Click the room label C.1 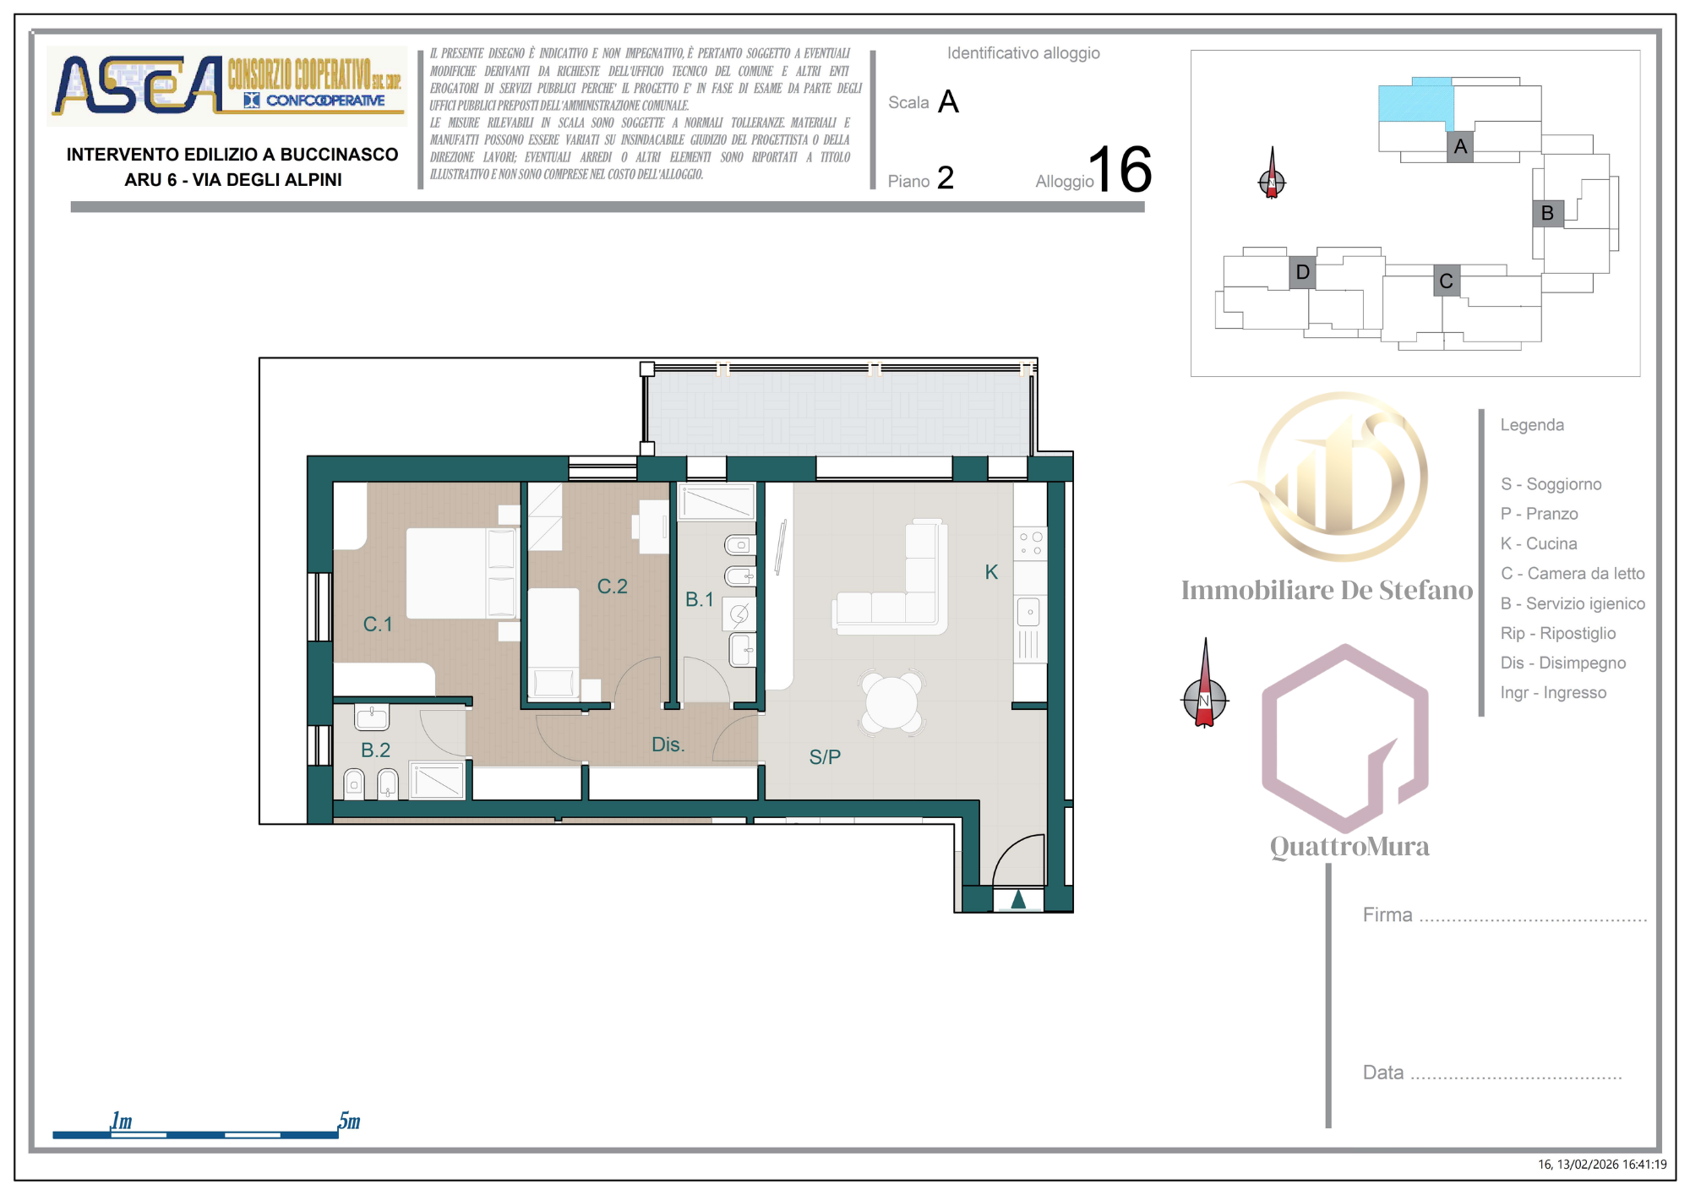(x=378, y=625)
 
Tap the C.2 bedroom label (x=613, y=587)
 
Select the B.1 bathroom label (x=700, y=599)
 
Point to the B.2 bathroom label (x=375, y=750)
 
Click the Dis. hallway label (x=668, y=745)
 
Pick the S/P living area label (x=825, y=757)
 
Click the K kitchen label (x=991, y=572)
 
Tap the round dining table (x=891, y=702)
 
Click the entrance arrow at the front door (x=1018, y=899)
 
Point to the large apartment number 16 (x=1120, y=169)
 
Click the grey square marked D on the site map (x=1302, y=272)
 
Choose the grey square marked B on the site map (x=1548, y=213)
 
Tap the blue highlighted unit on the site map (x=1415, y=101)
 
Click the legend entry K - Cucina (x=1539, y=543)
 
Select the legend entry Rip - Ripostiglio (x=1558, y=633)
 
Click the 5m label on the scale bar (x=349, y=1121)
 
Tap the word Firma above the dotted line (x=1387, y=914)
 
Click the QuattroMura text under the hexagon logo (x=1349, y=847)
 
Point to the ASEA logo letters (x=139, y=85)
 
